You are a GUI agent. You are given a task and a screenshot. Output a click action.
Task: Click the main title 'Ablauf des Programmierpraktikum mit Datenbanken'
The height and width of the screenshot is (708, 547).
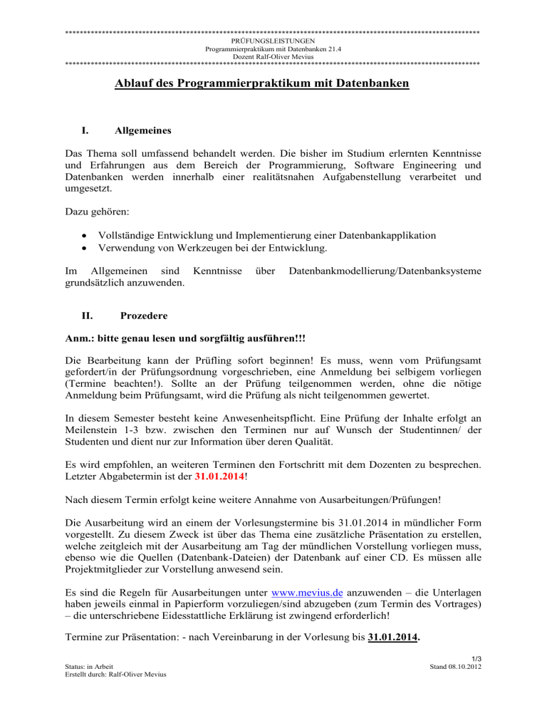pos(261,84)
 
